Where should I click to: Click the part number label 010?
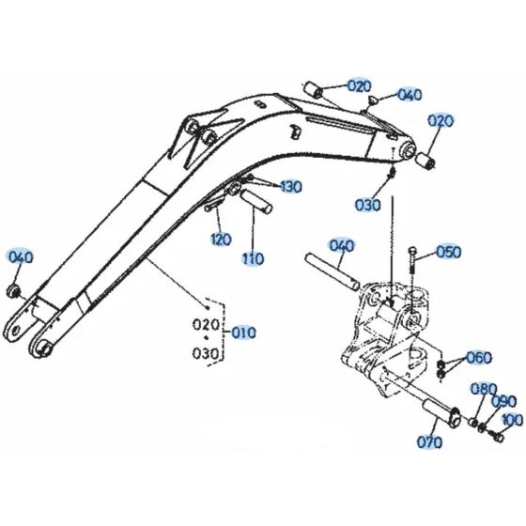click(244, 333)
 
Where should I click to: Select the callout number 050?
click(449, 252)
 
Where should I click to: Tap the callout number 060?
click(479, 358)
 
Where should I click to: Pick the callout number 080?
click(483, 388)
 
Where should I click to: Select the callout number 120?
click(219, 239)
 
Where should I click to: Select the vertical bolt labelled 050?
click(412, 268)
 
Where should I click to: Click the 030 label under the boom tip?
click(368, 205)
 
